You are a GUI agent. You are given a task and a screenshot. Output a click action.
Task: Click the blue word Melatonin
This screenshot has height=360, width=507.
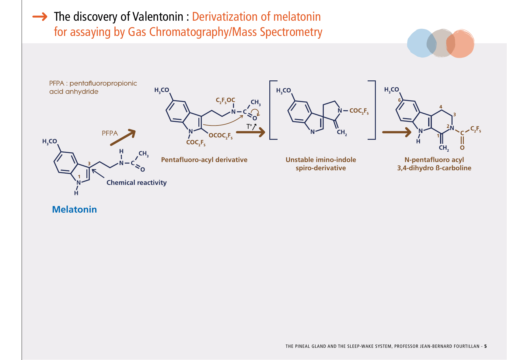tap(74, 210)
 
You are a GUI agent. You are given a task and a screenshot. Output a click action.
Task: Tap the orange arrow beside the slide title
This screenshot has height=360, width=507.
tap(40, 17)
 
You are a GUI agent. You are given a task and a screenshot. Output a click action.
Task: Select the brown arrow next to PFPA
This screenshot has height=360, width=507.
tap(123, 137)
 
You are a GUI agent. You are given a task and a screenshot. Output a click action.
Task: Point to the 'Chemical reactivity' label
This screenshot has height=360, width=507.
tap(136, 183)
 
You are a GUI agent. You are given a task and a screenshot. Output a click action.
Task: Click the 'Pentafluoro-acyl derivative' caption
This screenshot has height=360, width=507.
tap(204, 160)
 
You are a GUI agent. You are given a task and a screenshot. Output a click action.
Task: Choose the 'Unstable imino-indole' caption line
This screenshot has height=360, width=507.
tap(321, 160)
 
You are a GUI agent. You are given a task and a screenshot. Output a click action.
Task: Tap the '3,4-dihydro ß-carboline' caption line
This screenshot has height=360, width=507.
tap(434, 168)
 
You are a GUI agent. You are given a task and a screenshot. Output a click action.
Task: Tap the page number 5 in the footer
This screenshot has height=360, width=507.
tap(485, 346)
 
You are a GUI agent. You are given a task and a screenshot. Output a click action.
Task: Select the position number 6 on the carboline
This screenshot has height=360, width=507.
tap(400, 100)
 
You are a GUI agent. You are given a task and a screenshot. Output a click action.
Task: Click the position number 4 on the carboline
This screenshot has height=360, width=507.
tap(441, 107)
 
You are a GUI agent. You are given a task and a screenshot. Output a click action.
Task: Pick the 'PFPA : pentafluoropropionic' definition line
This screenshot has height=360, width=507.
tap(93, 83)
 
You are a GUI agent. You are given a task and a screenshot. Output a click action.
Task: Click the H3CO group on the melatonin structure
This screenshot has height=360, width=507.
tap(50, 142)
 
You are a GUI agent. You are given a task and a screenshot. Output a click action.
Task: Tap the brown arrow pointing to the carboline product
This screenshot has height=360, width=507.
tap(397, 132)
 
